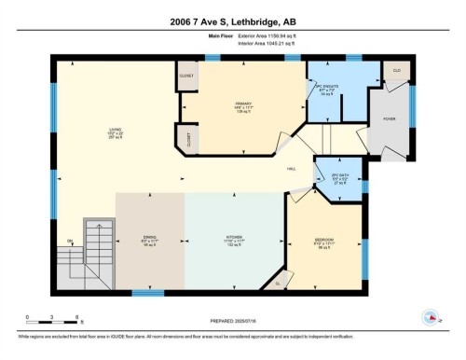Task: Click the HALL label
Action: tap(292, 169)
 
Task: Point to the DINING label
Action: tap(149, 240)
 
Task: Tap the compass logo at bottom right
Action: tap(431, 317)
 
